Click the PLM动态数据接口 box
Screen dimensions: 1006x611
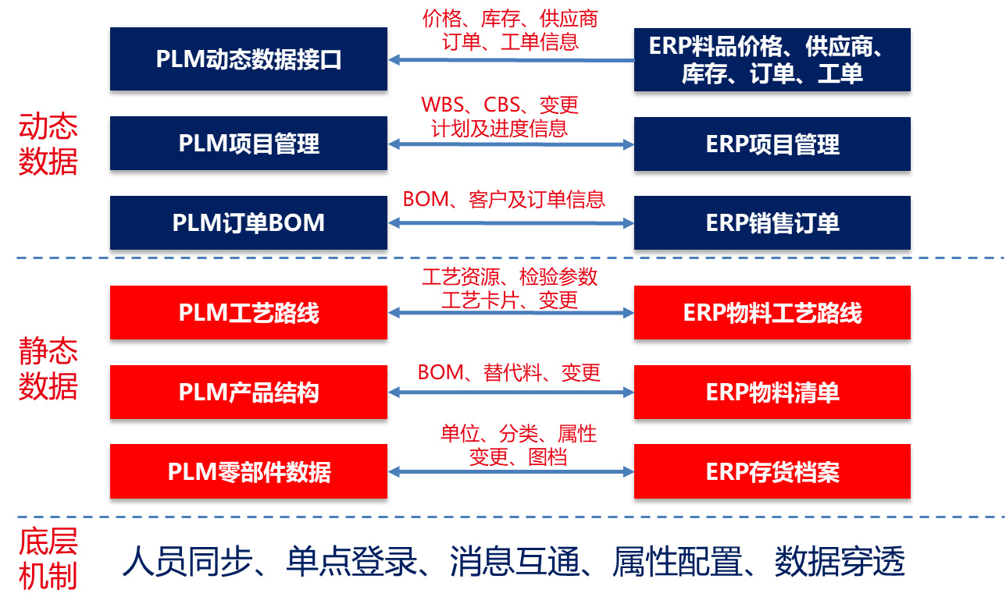coord(248,59)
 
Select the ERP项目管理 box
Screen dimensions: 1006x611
coord(772,144)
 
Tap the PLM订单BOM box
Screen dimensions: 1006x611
coord(248,222)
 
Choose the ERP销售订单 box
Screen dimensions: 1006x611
coord(772,222)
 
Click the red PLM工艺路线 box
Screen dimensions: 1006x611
coord(248,312)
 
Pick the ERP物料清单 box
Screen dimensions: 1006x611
coord(772,392)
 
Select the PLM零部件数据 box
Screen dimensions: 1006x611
coord(248,471)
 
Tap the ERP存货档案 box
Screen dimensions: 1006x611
coord(772,471)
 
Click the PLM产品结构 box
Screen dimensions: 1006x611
coord(248,392)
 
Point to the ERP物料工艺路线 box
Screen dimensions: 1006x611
coord(772,312)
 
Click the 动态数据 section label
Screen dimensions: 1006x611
coord(48,144)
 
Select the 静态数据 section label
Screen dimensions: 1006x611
coord(48,368)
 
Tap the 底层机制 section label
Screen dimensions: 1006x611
coord(48,559)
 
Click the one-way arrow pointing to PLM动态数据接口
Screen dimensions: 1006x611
coord(511,59)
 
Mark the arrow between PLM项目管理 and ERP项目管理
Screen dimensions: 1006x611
coord(511,144)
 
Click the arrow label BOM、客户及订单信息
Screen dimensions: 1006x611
coord(504,199)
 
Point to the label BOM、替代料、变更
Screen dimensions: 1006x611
coord(508,372)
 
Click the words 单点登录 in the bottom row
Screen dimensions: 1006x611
coord(351,561)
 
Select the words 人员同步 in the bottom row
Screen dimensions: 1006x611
coord(187,561)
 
